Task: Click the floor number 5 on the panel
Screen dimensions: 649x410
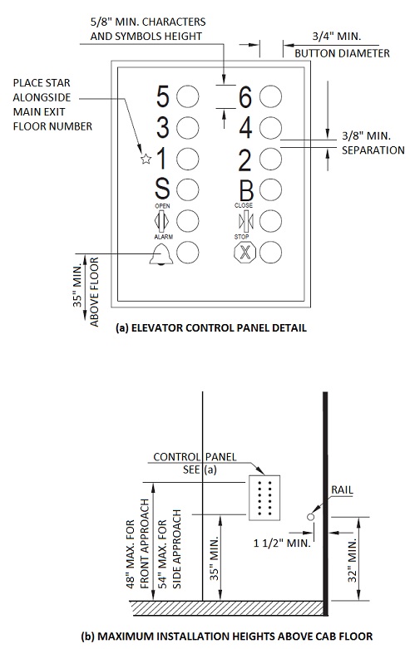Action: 163,97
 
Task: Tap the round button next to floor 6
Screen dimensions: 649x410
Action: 269,97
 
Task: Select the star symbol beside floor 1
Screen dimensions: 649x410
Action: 145,158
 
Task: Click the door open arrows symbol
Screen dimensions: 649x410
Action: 163,220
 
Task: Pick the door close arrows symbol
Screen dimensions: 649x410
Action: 245,220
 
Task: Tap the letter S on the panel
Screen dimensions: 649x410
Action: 163,189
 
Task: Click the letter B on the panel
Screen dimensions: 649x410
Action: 245,189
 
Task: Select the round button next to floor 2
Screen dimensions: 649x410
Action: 269,158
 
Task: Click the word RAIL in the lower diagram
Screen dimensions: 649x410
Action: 341,490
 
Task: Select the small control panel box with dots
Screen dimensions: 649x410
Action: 266,499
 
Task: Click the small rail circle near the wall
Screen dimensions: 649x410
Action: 311,517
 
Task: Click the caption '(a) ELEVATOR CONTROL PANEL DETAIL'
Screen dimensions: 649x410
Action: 210,328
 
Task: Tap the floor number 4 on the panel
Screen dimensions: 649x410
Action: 245,128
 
